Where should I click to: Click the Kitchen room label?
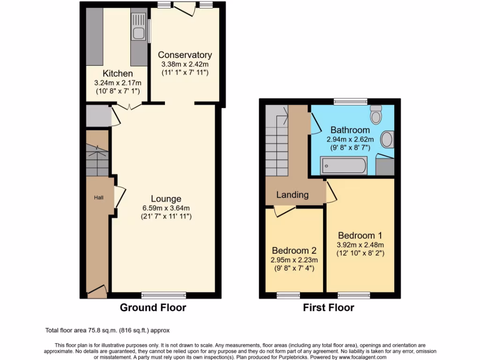coord(118,74)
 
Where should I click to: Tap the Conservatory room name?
coord(185,55)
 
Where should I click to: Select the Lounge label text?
coord(166,199)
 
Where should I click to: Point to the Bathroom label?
coord(350,130)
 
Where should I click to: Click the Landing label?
coord(292,195)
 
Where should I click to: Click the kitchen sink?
coord(139,33)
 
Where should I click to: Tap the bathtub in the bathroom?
coord(344,165)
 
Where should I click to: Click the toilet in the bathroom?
coord(376,113)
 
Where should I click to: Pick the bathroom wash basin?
coord(387,139)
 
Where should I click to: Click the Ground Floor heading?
coord(153,307)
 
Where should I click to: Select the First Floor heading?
coord(329,307)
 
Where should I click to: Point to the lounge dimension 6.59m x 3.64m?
coord(166,208)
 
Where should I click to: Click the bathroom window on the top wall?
coord(350,101)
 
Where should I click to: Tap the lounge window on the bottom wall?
coord(164,295)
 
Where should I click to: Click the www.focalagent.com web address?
coord(359,357)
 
